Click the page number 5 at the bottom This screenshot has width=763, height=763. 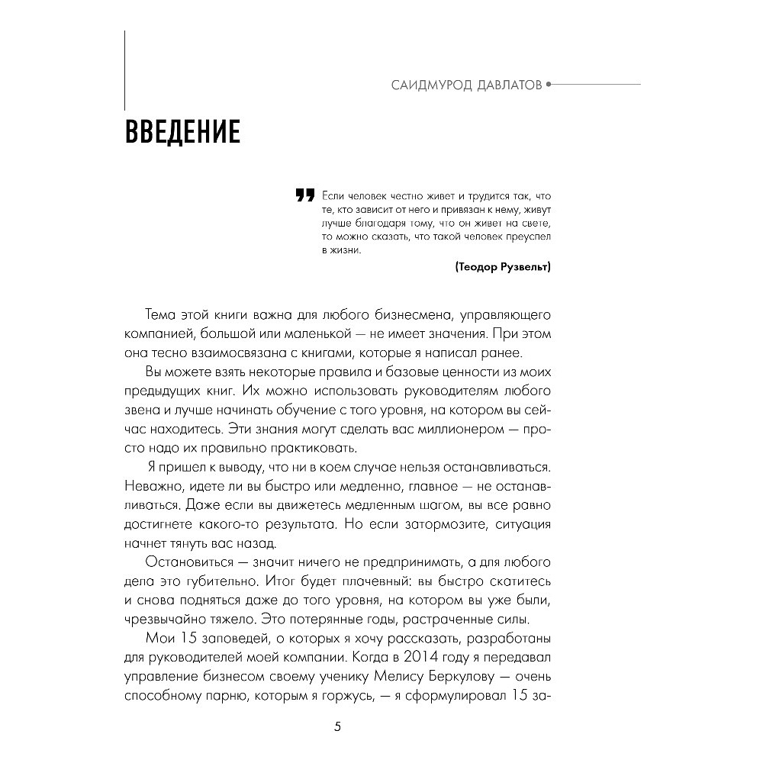(338, 726)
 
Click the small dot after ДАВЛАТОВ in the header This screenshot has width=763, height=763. (549, 85)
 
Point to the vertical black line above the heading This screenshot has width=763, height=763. (124, 69)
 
